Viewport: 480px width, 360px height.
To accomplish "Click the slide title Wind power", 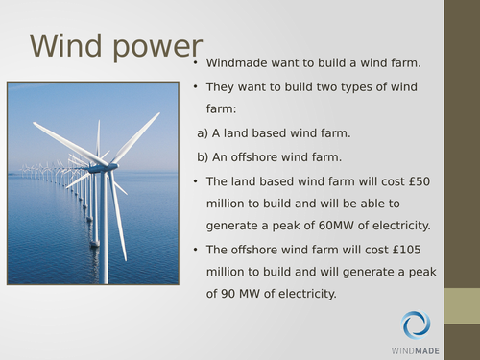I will pos(116,47).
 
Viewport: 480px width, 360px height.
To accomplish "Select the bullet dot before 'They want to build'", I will pos(195,87).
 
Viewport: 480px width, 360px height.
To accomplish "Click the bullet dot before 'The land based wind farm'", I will pos(195,180).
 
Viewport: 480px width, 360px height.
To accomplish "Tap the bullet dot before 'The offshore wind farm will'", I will pos(195,250).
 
